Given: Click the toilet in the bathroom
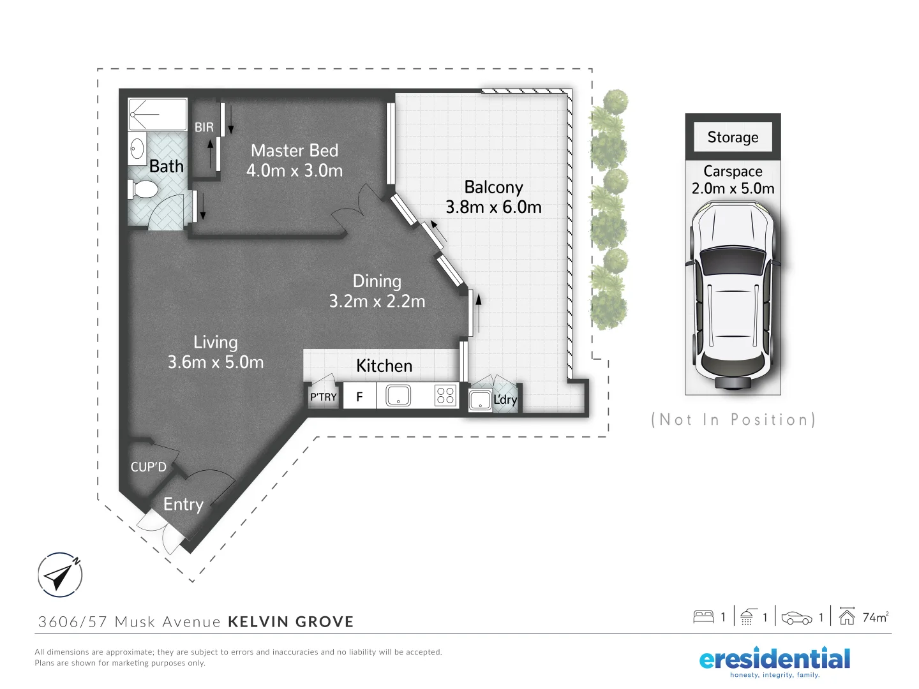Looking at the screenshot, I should click(x=144, y=189).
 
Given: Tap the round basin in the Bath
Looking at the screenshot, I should click(x=137, y=149).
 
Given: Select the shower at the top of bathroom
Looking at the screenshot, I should click(x=157, y=114).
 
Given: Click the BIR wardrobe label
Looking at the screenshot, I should click(x=204, y=128).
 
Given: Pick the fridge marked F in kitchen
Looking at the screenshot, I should click(x=359, y=397).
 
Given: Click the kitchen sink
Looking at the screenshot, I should click(x=398, y=396).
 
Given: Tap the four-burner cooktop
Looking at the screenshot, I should click(x=445, y=396).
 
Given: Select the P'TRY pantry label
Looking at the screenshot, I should click(x=324, y=397).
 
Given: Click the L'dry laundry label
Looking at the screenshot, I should click(x=505, y=400).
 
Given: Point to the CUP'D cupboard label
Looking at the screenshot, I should click(x=148, y=467).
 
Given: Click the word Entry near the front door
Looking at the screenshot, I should click(x=183, y=505).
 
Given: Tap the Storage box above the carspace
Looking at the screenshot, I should click(x=733, y=137).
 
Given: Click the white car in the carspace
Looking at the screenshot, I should click(x=733, y=293).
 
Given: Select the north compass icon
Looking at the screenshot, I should click(x=60, y=575).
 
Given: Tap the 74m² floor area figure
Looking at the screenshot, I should click(x=874, y=617).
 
